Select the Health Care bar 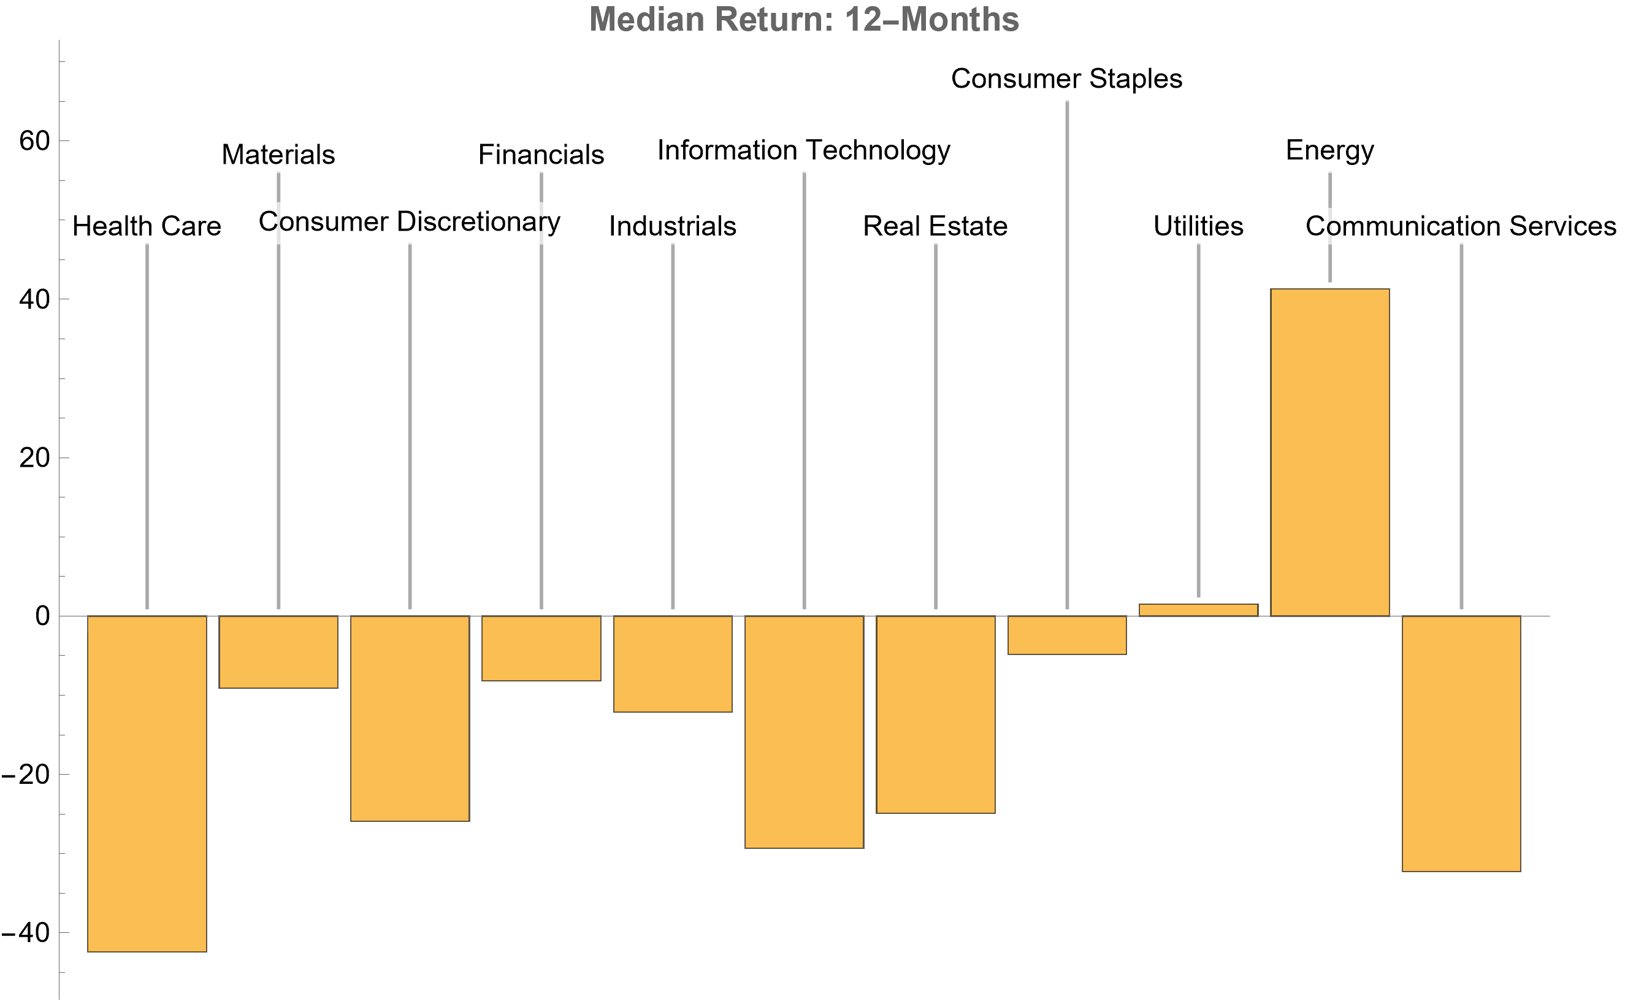[x=147, y=783]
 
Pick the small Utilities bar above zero [x=1198, y=610]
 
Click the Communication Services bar [x=1461, y=743]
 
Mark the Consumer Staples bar [x=1066, y=635]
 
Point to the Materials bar [x=278, y=651]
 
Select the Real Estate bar [x=935, y=715]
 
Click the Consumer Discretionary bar [x=410, y=718]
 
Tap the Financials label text [x=541, y=155]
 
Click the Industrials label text [x=673, y=226]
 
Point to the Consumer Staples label [x=1066, y=79]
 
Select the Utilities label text [x=1198, y=226]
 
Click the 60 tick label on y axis [x=34, y=141]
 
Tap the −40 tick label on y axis [x=26, y=933]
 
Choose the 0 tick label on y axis [x=42, y=616]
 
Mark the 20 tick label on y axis [x=34, y=458]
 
